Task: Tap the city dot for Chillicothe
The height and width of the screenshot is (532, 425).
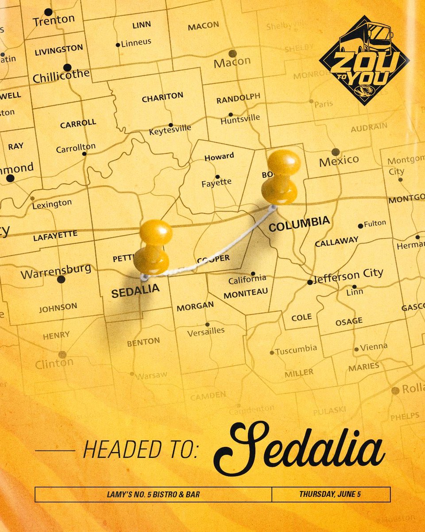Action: pos(67,67)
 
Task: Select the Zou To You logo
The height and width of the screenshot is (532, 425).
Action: pos(364,60)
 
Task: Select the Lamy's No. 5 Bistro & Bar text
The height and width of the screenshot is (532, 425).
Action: pos(153,494)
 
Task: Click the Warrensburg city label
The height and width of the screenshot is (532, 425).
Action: pos(56,271)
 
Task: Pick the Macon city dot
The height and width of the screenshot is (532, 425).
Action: pos(232,54)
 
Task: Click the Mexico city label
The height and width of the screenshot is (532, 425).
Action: pos(339,160)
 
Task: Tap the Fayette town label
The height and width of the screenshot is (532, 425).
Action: pos(216,182)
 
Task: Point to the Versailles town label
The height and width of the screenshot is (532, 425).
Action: pos(206,331)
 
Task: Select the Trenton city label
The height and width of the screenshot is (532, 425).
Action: pos(54,20)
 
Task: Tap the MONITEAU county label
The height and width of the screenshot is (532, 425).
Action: pos(246,293)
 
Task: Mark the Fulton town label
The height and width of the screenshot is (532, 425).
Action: pos(375,223)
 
